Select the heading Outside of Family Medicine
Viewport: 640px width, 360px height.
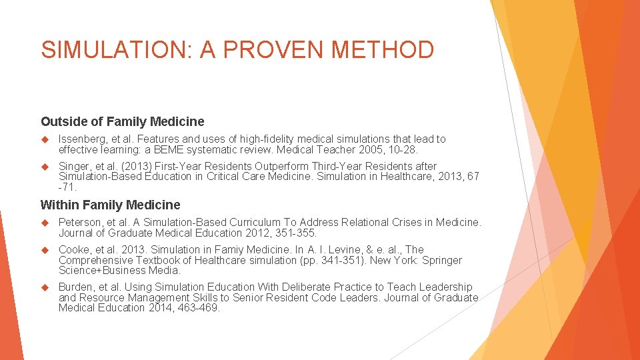click(123, 121)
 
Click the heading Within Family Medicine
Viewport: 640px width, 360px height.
click(111, 205)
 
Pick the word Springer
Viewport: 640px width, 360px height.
click(442, 260)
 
